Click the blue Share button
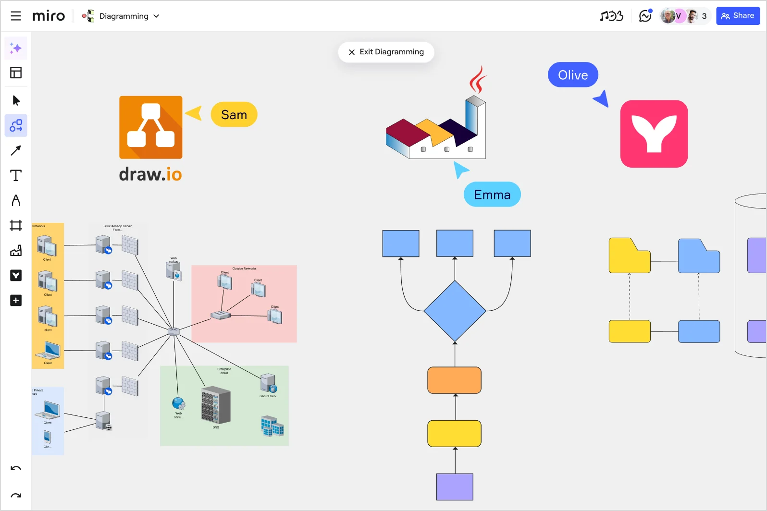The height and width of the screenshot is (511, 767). [x=738, y=16]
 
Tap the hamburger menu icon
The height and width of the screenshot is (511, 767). [x=16, y=16]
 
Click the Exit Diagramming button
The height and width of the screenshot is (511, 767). [x=386, y=52]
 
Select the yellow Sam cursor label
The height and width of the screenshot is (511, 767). [x=234, y=115]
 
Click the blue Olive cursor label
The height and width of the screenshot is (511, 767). [x=573, y=75]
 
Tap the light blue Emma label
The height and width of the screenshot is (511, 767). [x=492, y=195]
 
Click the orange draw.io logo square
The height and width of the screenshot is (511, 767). [x=151, y=127]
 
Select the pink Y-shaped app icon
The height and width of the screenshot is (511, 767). [x=654, y=134]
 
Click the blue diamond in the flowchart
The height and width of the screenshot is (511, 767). [x=455, y=311]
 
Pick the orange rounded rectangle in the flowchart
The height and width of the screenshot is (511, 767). [x=455, y=380]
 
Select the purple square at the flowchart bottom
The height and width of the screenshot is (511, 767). [x=455, y=487]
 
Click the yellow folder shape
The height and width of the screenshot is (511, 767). [x=629, y=257]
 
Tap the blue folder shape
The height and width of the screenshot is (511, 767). [x=699, y=257]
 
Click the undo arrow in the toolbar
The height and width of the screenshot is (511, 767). [x=16, y=468]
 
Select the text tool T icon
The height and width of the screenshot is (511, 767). [x=16, y=175]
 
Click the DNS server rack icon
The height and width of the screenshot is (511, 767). [x=216, y=405]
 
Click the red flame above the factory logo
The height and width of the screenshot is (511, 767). [x=477, y=80]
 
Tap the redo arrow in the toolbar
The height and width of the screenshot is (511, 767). [x=16, y=496]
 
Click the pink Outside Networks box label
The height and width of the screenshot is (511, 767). [x=244, y=269]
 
